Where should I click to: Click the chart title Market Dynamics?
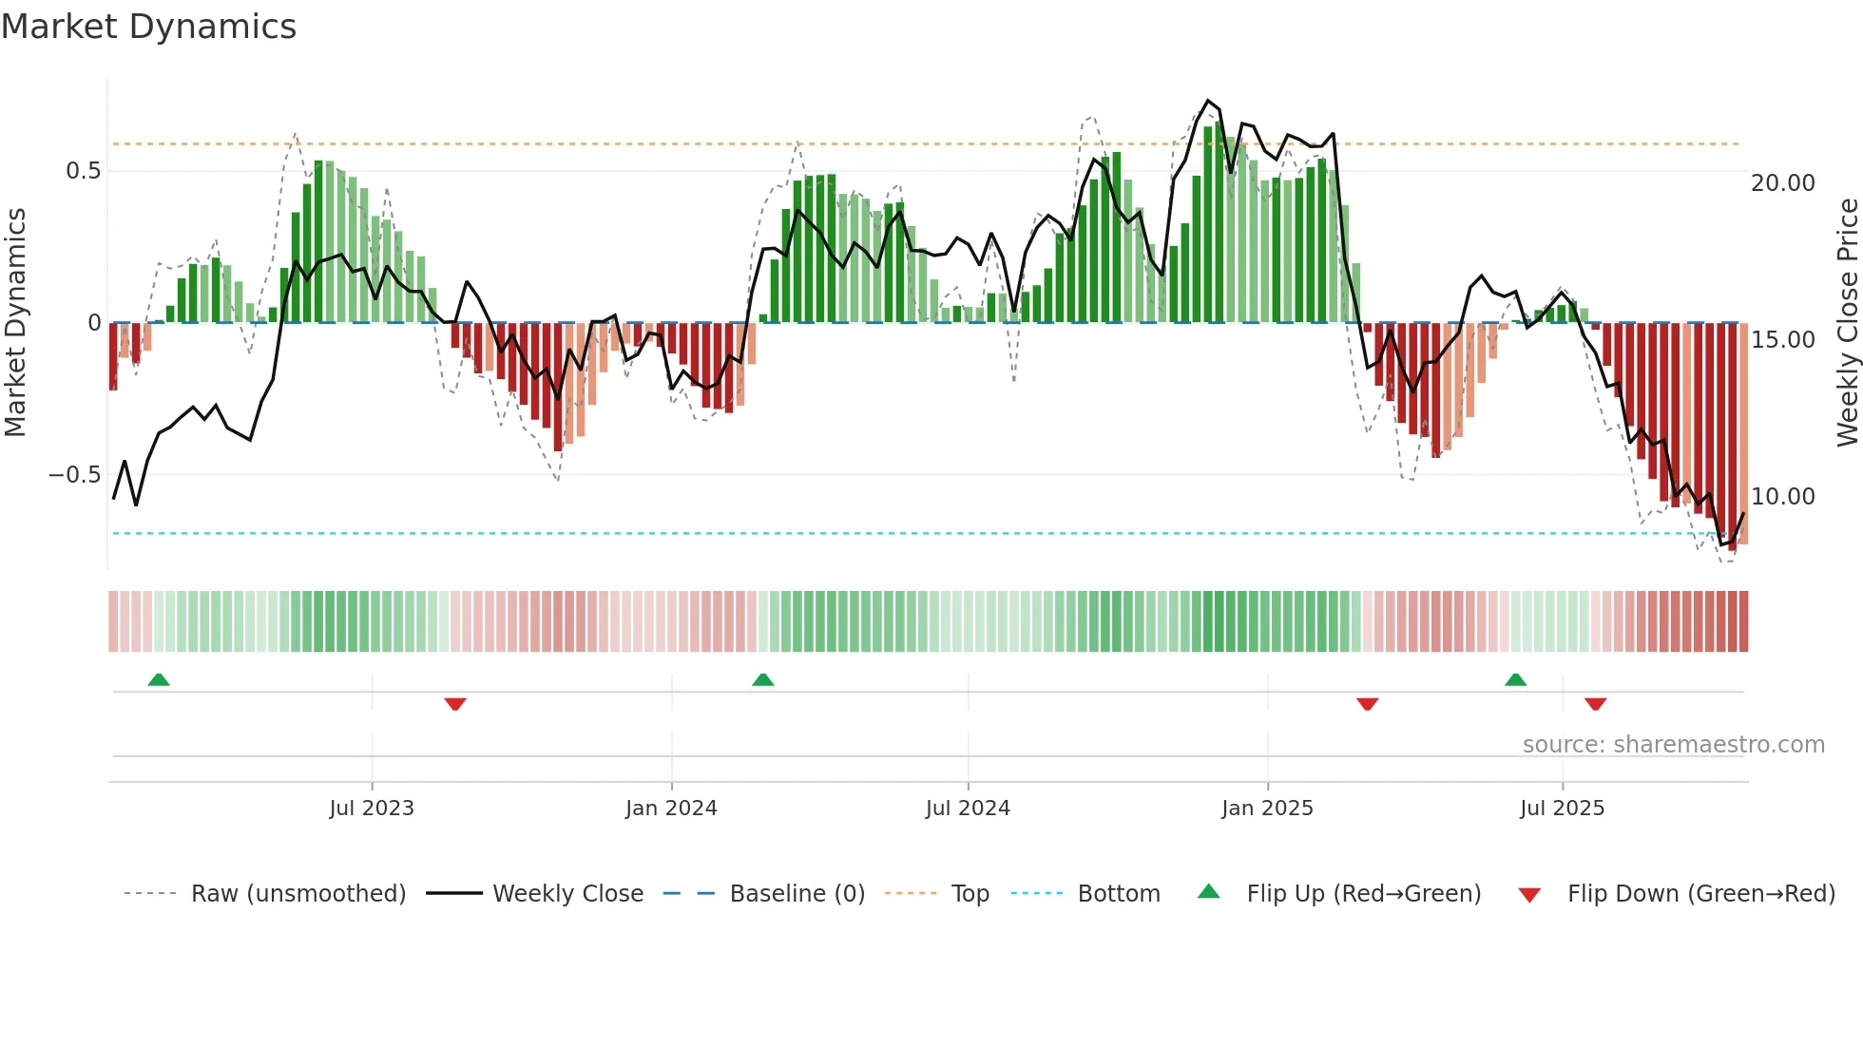(148, 27)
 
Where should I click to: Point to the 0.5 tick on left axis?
(83, 171)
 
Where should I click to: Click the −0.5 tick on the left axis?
(75, 475)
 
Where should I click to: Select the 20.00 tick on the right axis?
(1782, 183)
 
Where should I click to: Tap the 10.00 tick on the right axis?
(1782, 497)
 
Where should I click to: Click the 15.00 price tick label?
(1782, 340)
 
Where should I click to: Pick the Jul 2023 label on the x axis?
(372, 809)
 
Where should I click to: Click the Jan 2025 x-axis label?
(1267, 809)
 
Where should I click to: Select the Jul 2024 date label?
(968, 809)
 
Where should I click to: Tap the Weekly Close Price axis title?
(1847, 323)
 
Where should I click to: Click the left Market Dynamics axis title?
(15, 323)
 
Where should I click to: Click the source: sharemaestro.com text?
(1673, 745)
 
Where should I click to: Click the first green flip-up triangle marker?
(159, 680)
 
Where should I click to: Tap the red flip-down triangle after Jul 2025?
(1595, 704)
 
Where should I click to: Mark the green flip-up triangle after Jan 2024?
(762, 680)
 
